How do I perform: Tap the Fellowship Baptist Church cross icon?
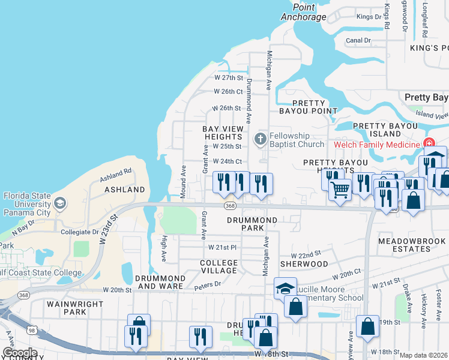260,139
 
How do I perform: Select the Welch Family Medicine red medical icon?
429,144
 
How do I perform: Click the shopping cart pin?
340,190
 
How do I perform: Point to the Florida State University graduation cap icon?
59,203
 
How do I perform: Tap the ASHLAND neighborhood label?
125,190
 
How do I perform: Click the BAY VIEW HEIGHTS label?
223,133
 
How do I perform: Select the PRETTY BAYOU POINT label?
309,107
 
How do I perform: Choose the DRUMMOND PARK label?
252,224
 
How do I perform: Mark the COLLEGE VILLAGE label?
218,267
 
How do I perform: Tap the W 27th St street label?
228,78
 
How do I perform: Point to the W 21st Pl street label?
223,247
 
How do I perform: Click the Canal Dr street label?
359,41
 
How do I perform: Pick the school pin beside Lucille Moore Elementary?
285,289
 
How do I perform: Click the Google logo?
20,353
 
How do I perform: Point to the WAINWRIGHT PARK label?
67,308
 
